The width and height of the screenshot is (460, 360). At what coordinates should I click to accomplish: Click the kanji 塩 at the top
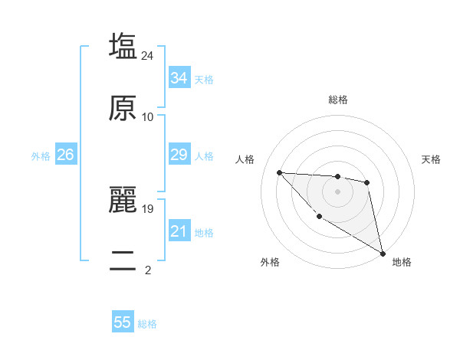pyautogui.click(x=123, y=46)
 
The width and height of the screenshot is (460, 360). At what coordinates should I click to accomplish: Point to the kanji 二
pyautogui.click(x=123, y=260)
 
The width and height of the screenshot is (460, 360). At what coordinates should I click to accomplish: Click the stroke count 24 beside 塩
pyautogui.click(x=148, y=55)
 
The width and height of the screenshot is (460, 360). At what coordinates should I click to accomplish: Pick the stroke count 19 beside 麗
pyautogui.click(x=148, y=208)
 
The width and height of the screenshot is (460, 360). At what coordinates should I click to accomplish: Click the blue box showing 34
pyautogui.click(x=179, y=78)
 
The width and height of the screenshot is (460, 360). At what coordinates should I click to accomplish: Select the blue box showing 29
pyautogui.click(x=179, y=155)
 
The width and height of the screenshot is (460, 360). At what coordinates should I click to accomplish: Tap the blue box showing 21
pyautogui.click(x=179, y=232)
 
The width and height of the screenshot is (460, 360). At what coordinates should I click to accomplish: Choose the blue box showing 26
pyautogui.click(x=65, y=155)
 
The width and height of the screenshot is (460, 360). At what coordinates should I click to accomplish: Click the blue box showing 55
pyautogui.click(x=123, y=322)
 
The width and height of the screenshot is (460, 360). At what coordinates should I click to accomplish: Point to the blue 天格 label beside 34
pyautogui.click(x=204, y=80)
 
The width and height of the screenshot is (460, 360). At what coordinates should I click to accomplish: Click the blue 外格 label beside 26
pyautogui.click(x=41, y=156)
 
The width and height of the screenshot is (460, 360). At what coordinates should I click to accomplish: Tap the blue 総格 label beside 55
pyautogui.click(x=147, y=324)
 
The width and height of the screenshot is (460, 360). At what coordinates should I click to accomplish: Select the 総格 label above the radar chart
pyautogui.click(x=338, y=100)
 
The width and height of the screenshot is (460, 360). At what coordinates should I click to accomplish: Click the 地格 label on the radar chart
pyautogui.click(x=402, y=263)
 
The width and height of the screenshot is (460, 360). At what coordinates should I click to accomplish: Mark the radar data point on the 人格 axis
pyautogui.click(x=280, y=172)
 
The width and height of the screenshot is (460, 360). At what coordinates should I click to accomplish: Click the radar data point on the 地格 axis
pyautogui.click(x=384, y=254)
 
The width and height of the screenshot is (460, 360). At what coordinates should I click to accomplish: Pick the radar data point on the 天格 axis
pyautogui.click(x=367, y=182)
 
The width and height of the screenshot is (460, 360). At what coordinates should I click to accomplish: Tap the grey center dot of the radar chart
pyautogui.click(x=337, y=191)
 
